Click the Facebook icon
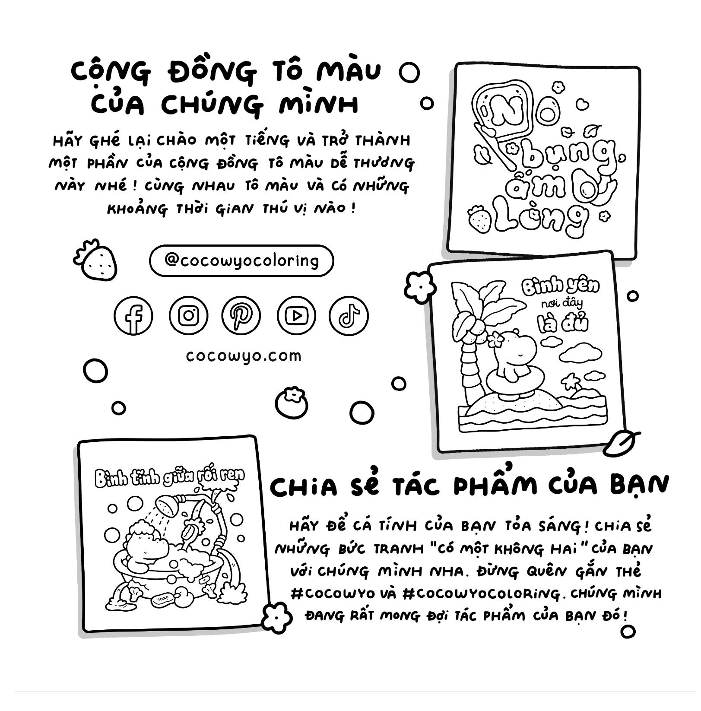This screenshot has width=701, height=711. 133,316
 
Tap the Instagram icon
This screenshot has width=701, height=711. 188,316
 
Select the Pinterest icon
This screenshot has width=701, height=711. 241,316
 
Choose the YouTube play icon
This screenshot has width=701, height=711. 296,316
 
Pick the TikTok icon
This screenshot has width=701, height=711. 349,316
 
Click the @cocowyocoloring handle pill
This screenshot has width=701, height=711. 241,261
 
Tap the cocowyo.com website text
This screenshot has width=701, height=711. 244,356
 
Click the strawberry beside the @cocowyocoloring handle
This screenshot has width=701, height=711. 95,260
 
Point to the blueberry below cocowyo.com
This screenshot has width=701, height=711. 292,403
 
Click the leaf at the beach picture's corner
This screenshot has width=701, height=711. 620,443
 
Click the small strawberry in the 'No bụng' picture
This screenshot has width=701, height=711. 480,219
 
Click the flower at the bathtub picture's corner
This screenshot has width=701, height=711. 277,618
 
